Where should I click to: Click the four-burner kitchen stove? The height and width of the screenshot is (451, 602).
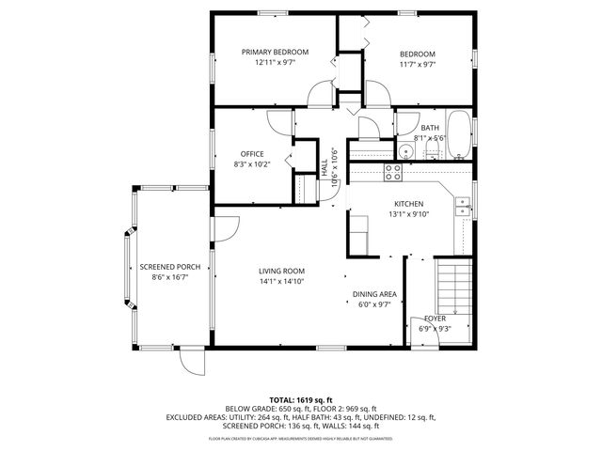tap(393, 171)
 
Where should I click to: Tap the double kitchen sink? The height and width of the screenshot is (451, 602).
tap(463, 206)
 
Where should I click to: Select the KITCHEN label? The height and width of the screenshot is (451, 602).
tap(408, 203)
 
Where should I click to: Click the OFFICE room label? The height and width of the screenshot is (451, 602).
tap(252, 154)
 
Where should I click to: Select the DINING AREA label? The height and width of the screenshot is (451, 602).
tap(374, 294)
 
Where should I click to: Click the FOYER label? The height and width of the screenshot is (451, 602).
tap(434, 319)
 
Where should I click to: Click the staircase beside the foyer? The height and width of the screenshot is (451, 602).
tap(453, 288)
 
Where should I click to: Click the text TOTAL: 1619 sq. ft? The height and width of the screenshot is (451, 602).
tap(301, 399)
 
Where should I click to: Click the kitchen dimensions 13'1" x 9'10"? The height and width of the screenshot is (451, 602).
tap(408, 213)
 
